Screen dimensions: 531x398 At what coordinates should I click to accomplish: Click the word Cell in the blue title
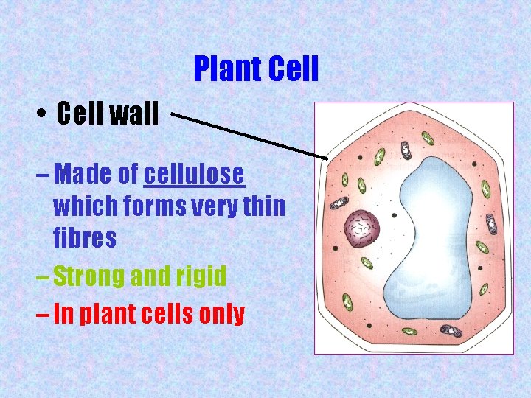coord(294,69)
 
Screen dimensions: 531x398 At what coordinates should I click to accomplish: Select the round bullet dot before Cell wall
coord(43,116)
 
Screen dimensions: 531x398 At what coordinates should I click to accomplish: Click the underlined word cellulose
coord(194,175)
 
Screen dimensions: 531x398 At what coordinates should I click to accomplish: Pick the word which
coord(82,207)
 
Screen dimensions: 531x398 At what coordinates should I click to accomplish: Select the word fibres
coord(84,238)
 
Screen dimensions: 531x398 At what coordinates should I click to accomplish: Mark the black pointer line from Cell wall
coord(251,135)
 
